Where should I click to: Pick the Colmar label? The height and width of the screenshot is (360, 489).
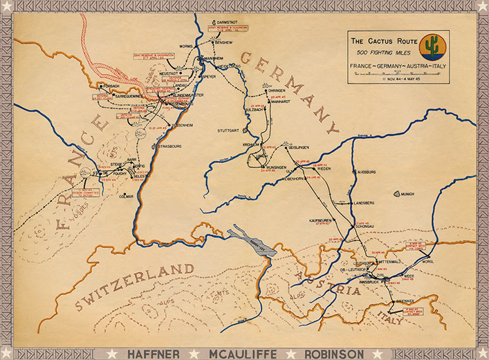[126, 196]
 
